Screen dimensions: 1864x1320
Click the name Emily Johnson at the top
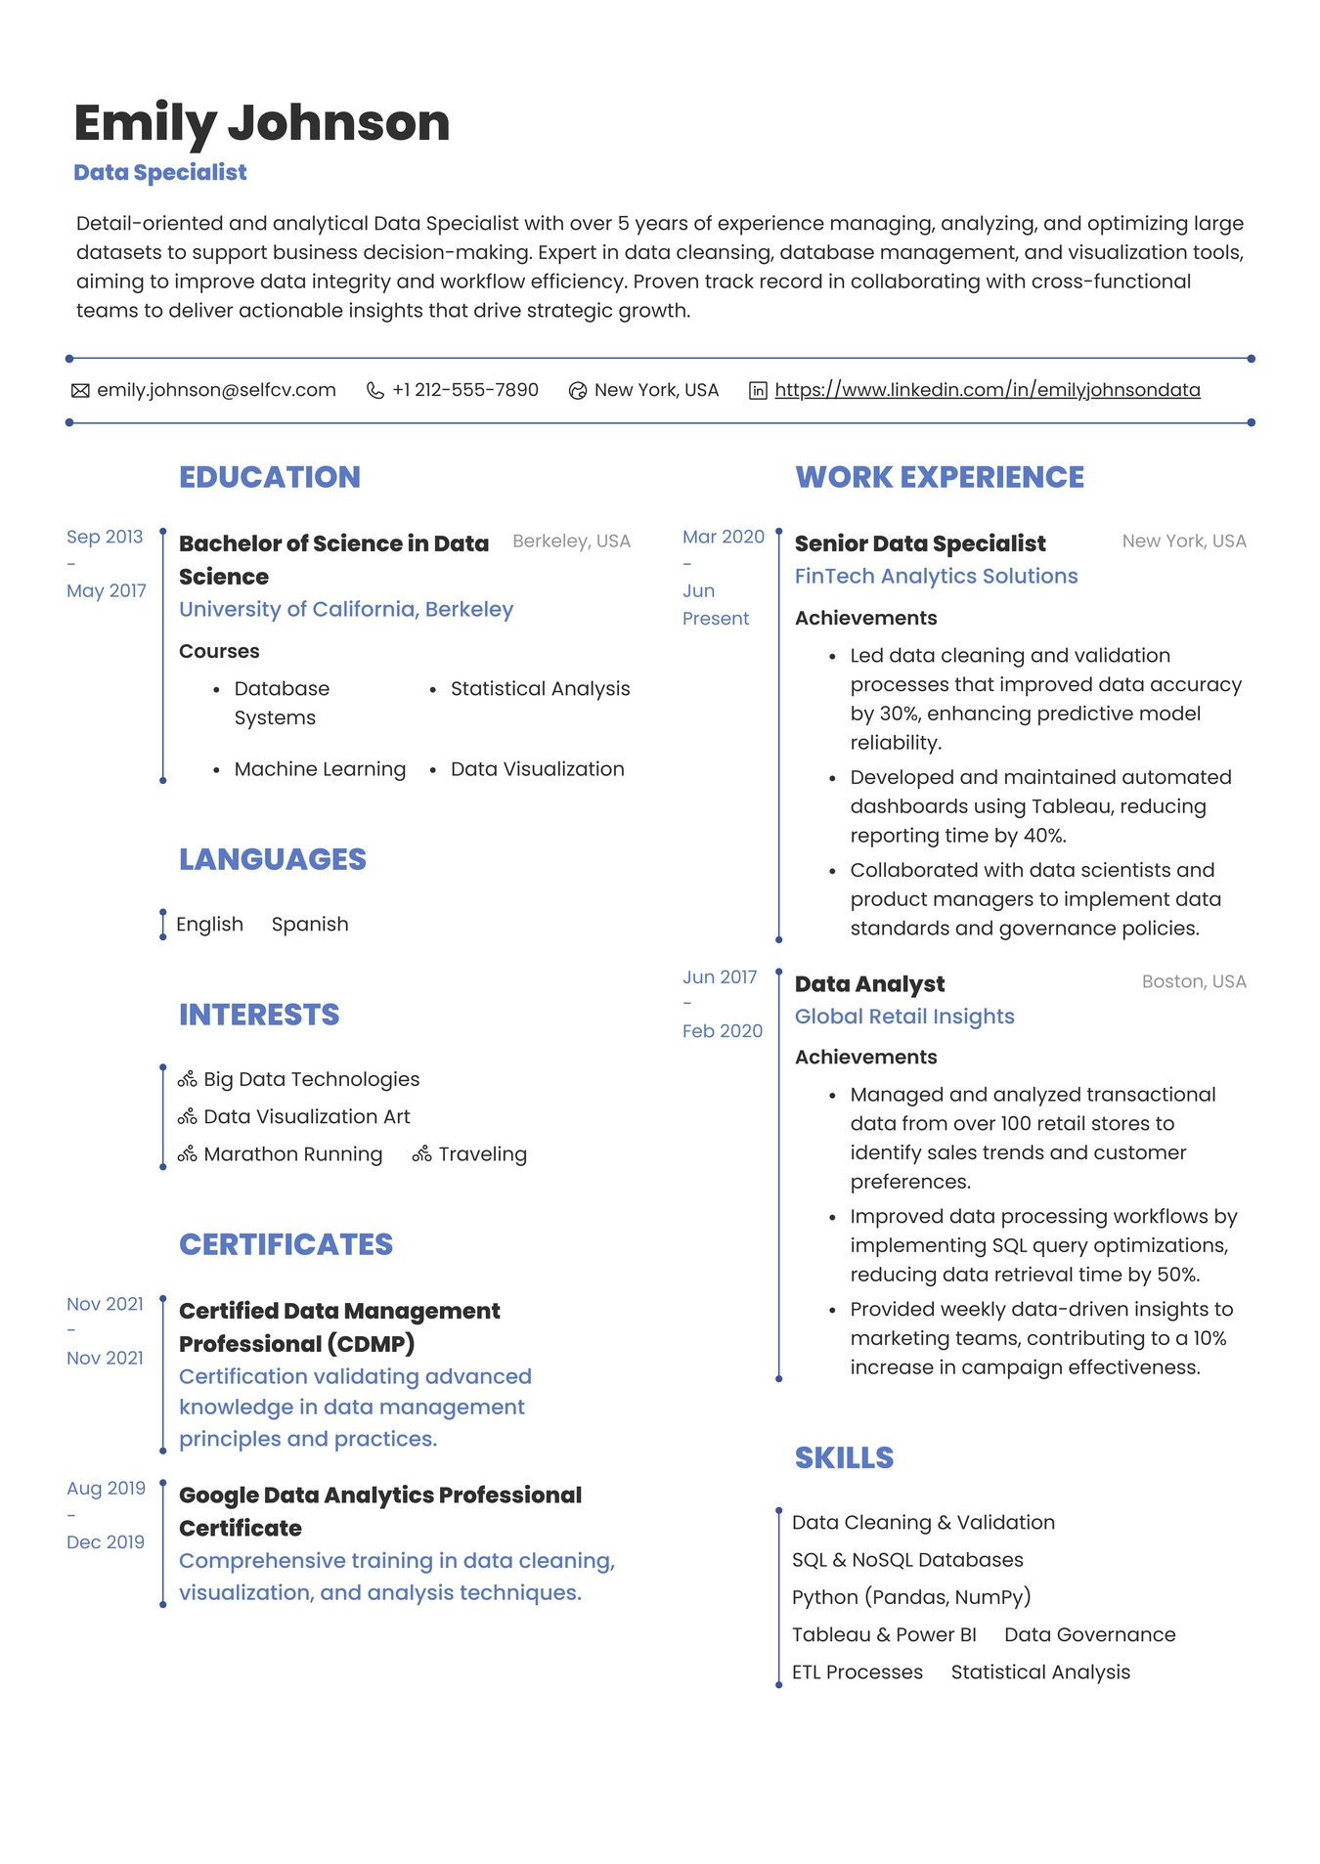coord(261,123)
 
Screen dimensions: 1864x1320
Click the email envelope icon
coord(80,391)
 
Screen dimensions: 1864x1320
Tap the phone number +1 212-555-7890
coord(464,390)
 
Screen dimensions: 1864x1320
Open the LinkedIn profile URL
coord(987,390)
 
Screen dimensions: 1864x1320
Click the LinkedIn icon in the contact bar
coord(758,391)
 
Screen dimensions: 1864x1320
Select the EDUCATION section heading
coord(269,477)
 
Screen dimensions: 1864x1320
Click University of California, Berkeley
coord(345,609)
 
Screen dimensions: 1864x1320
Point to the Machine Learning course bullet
coord(319,769)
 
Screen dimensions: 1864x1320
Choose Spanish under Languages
coord(309,924)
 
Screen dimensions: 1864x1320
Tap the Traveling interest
coord(482,1154)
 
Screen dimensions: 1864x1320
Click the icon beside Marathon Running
coord(188,1154)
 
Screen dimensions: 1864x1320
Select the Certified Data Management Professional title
coord(338,1326)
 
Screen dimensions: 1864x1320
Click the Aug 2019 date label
coord(106,1488)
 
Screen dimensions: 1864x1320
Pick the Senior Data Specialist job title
coord(919,543)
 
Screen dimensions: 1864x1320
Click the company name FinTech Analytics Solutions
coord(935,576)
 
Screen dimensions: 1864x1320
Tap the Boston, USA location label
coord(1193,981)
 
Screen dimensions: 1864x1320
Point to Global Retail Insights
coord(903,1017)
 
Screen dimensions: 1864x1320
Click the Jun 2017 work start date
coord(720,976)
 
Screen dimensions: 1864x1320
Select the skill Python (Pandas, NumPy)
coord(910,1597)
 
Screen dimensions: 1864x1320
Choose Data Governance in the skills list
coord(1089,1634)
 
